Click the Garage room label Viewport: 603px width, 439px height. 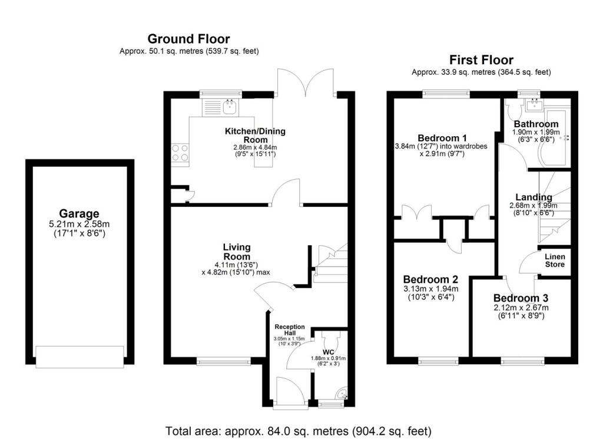(79, 213)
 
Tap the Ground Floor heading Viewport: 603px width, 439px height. (188, 39)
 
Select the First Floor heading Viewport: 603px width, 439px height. (481, 60)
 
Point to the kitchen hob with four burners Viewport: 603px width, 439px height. (180, 153)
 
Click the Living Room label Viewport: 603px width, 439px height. (236, 252)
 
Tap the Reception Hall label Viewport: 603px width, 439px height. (290, 330)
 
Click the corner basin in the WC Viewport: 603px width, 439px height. (342, 395)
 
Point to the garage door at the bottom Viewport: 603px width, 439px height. (80, 356)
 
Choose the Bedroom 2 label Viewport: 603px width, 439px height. (430, 279)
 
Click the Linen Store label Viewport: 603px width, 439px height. (554, 260)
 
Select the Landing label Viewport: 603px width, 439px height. (534, 197)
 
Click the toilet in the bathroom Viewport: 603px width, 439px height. (511, 110)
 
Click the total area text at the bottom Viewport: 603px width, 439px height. (299, 429)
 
